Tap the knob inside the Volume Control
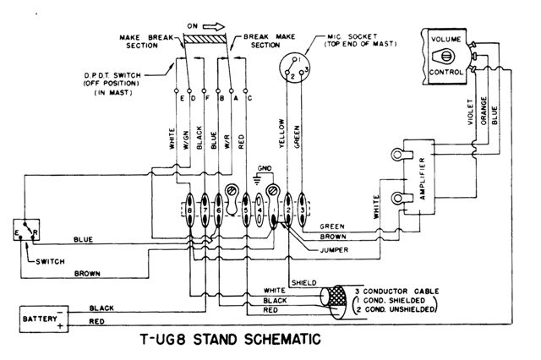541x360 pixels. [x=444, y=57]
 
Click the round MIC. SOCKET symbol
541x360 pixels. [x=293, y=69]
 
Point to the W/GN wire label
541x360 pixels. [x=188, y=136]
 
